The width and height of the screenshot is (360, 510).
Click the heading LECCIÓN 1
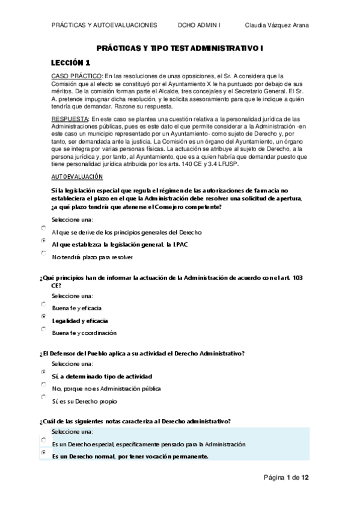click(x=70, y=63)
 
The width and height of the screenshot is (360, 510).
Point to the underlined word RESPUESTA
click(x=69, y=119)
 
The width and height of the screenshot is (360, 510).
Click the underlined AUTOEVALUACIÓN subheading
click(x=77, y=176)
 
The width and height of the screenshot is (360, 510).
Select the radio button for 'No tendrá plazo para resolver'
click(x=43, y=254)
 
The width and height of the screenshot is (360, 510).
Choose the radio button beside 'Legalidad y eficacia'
click(x=43, y=316)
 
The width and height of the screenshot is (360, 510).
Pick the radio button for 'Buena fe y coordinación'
click(x=43, y=329)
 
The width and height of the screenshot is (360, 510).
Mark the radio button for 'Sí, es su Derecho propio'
click(x=43, y=397)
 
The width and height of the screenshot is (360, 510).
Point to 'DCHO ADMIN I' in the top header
click(x=200, y=25)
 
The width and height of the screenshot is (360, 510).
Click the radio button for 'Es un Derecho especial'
click(x=43, y=441)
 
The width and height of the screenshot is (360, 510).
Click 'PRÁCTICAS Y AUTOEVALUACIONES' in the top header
click(x=105, y=25)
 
